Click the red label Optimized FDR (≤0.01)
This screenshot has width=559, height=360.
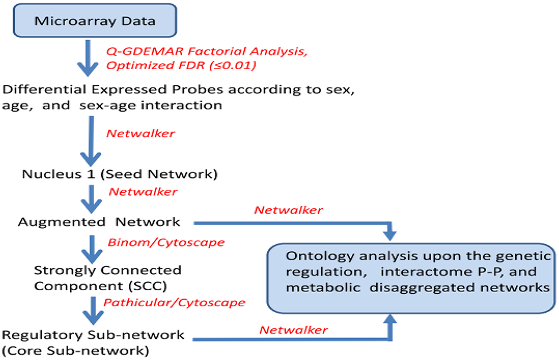(181, 65)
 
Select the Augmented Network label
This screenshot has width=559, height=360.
(99, 222)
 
